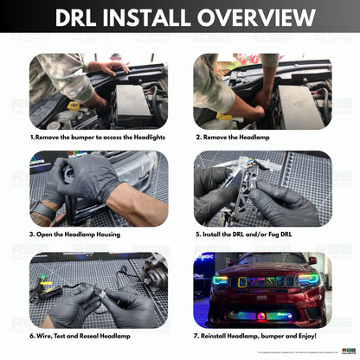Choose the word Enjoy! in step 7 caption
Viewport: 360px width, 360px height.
tap(305, 335)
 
